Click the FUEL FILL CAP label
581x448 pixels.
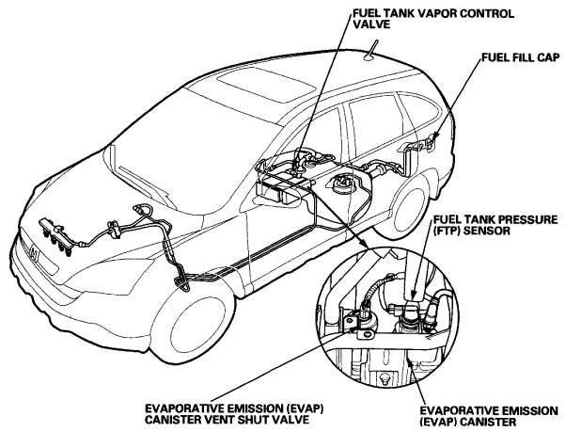[x=520, y=57]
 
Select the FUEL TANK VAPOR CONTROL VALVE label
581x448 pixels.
[x=433, y=19]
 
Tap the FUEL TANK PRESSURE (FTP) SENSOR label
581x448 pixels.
[x=495, y=225]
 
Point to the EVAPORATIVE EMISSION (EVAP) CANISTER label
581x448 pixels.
[x=489, y=417]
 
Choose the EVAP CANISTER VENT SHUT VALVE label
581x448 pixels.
[x=234, y=414]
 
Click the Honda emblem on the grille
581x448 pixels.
[x=35, y=254]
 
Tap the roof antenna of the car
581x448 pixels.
[x=371, y=50]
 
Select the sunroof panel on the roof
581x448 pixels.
[x=265, y=88]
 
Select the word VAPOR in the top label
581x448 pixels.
[x=436, y=13]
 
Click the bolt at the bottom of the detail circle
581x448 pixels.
[x=385, y=378]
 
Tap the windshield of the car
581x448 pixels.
[x=193, y=149]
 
